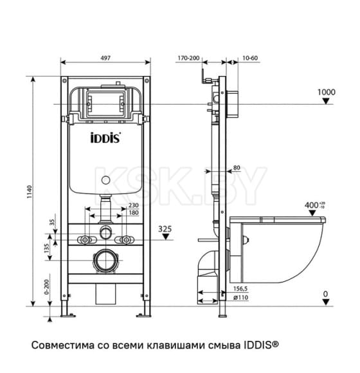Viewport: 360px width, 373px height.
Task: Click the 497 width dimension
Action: pos(105,58)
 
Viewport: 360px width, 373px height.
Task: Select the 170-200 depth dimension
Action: pos(188,58)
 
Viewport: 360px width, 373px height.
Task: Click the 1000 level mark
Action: pos(327,93)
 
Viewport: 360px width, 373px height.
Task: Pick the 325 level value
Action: pos(166,228)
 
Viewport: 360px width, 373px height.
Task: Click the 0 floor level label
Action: pos(325,295)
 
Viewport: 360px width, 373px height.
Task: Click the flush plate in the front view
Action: pos(105,101)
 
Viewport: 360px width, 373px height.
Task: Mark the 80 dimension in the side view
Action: pos(237,168)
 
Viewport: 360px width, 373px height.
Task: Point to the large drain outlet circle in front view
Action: pos(105,261)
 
